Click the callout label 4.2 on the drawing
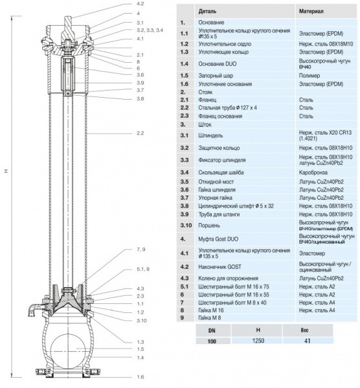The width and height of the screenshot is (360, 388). point(140,4)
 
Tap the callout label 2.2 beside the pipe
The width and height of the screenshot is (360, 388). point(141,133)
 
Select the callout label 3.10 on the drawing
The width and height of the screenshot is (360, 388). point(141,320)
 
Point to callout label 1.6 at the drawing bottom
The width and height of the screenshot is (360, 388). point(140,376)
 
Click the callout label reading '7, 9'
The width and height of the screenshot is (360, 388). point(141,248)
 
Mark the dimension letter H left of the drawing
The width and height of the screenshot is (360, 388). point(6,171)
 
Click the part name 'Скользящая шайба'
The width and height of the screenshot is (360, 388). point(225,173)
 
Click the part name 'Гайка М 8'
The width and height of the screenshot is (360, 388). point(214,318)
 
